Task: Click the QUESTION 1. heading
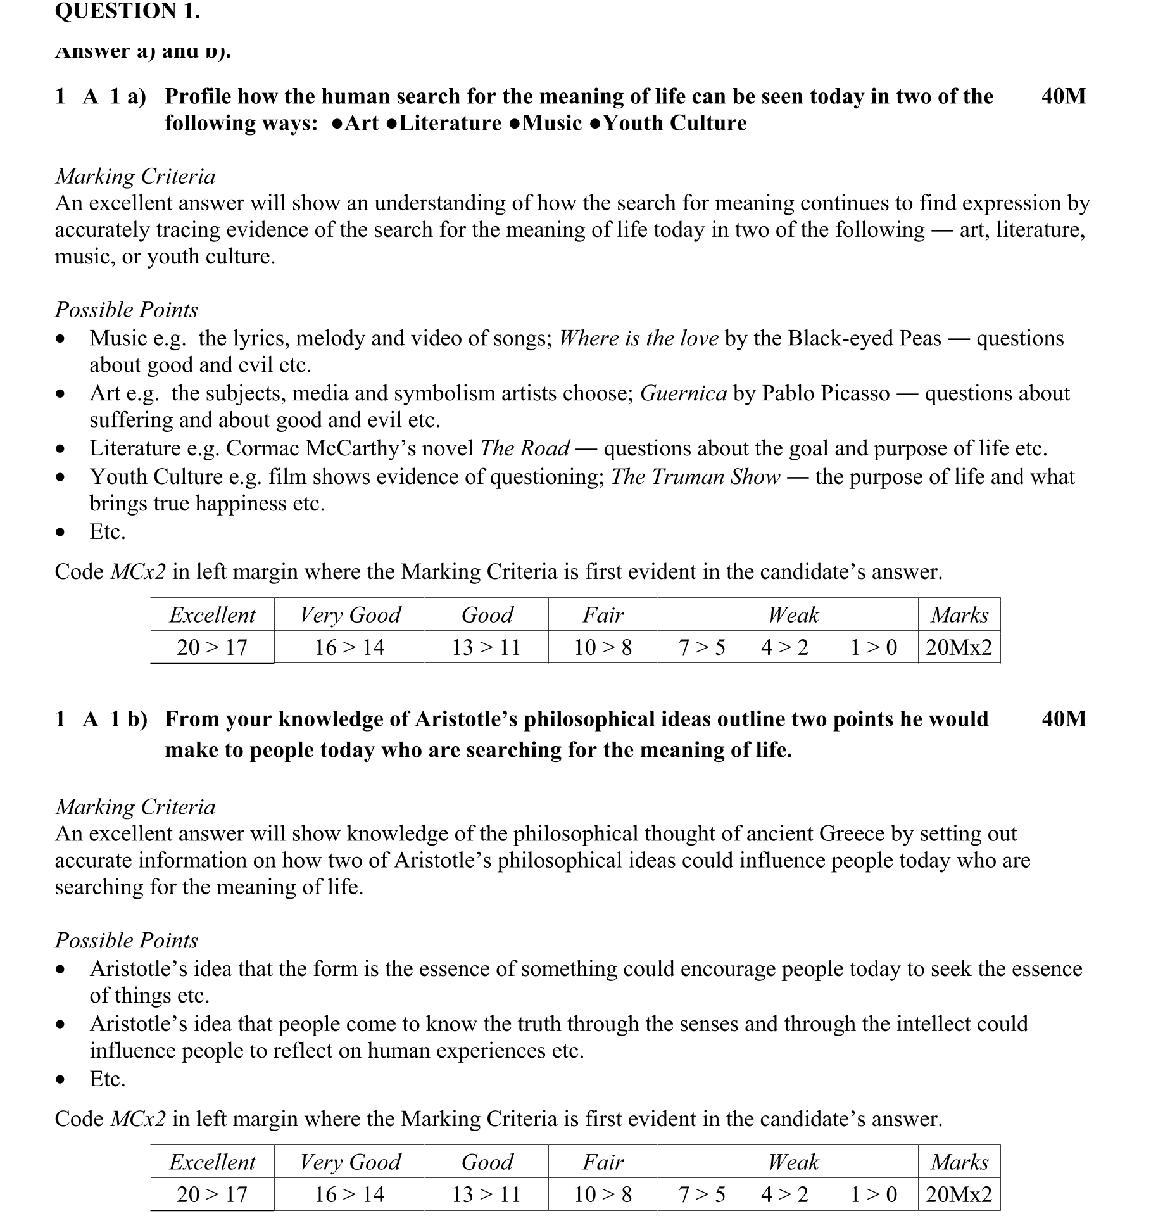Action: (x=127, y=11)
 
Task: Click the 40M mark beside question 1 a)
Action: (x=1063, y=96)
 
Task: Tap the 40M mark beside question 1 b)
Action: (x=1063, y=719)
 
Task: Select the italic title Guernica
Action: (x=683, y=393)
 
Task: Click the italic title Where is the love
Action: (x=638, y=338)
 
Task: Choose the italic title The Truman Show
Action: (x=695, y=476)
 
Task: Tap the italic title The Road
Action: (x=525, y=448)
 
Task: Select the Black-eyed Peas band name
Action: (x=864, y=338)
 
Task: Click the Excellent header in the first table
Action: (x=212, y=614)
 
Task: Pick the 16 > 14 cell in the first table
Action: (x=349, y=647)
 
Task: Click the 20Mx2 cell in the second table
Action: (x=959, y=1194)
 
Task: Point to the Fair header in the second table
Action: (x=603, y=1162)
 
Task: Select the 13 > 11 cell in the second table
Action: (x=486, y=1194)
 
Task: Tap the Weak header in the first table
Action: (x=793, y=614)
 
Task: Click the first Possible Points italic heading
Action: (x=126, y=310)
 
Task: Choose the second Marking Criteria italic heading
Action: (x=135, y=807)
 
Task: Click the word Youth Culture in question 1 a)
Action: (x=675, y=123)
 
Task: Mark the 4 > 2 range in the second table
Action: (x=784, y=1194)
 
